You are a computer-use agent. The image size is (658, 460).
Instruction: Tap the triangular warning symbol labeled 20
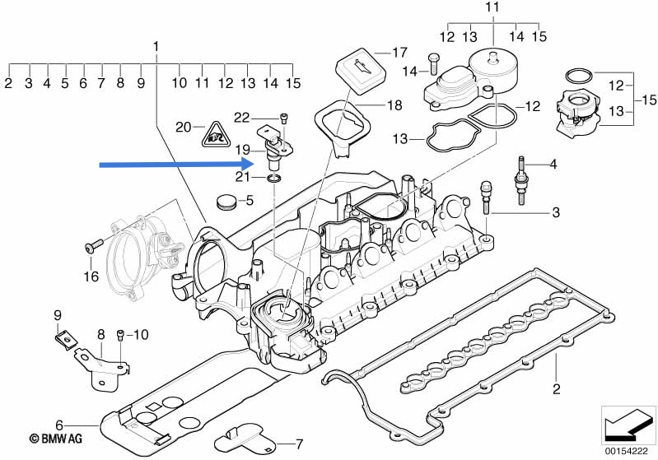pyautogui.click(x=216, y=136)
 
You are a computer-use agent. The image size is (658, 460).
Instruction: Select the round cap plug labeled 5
pyautogui.click(x=226, y=202)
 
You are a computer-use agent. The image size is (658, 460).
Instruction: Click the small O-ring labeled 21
pyautogui.click(x=273, y=179)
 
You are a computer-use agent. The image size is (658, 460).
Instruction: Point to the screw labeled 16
pyautogui.click(x=94, y=246)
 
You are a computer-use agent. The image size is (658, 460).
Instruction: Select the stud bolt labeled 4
pyautogui.click(x=521, y=180)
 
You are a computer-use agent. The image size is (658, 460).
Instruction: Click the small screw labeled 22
pyautogui.click(x=284, y=118)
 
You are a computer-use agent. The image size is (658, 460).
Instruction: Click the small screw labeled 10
pyautogui.click(x=120, y=334)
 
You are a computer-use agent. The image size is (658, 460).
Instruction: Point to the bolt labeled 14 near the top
pyautogui.click(x=432, y=64)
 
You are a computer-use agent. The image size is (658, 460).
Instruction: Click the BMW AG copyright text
pyautogui.click(x=56, y=439)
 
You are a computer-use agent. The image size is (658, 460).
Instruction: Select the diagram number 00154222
pyautogui.click(x=626, y=451)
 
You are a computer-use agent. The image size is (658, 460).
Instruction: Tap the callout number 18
pyautogui.click(x=394, y=105)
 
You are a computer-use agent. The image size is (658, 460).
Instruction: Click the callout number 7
pyautogui.click(x=299, y=444)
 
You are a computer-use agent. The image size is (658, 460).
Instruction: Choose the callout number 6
pyautogui.click(x=59, y=425)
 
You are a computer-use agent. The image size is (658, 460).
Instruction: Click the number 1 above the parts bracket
pyautogui.click(x=156, y=47)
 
